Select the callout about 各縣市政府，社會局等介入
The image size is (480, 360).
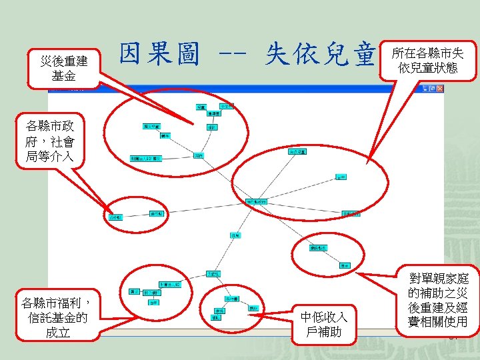click(50, 141)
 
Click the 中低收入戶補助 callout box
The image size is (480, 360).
click(324, 324)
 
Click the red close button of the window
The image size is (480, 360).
click(439, 89)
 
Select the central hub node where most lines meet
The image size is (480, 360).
click(257, 201)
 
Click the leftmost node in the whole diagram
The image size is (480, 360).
click(115, 217)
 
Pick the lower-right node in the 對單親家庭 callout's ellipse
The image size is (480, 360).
click(345, 265)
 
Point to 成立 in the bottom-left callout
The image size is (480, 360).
click(59, 331)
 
